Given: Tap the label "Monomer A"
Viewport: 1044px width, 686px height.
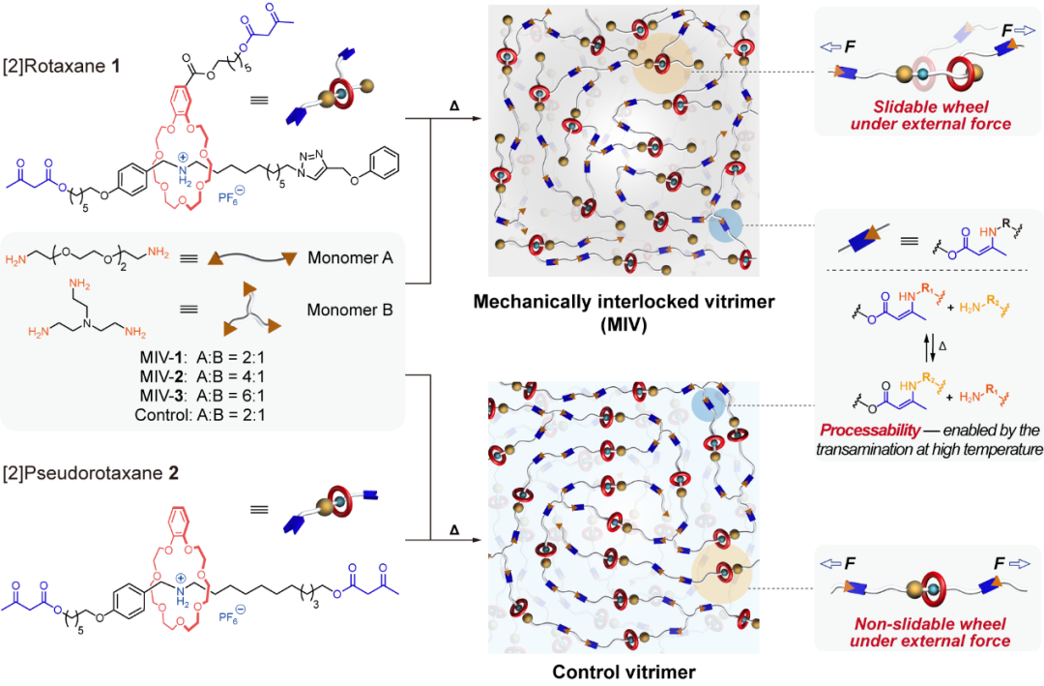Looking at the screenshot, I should pos(346,260).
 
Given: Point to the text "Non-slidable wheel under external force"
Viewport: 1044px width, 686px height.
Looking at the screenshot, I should pos(927,632).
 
